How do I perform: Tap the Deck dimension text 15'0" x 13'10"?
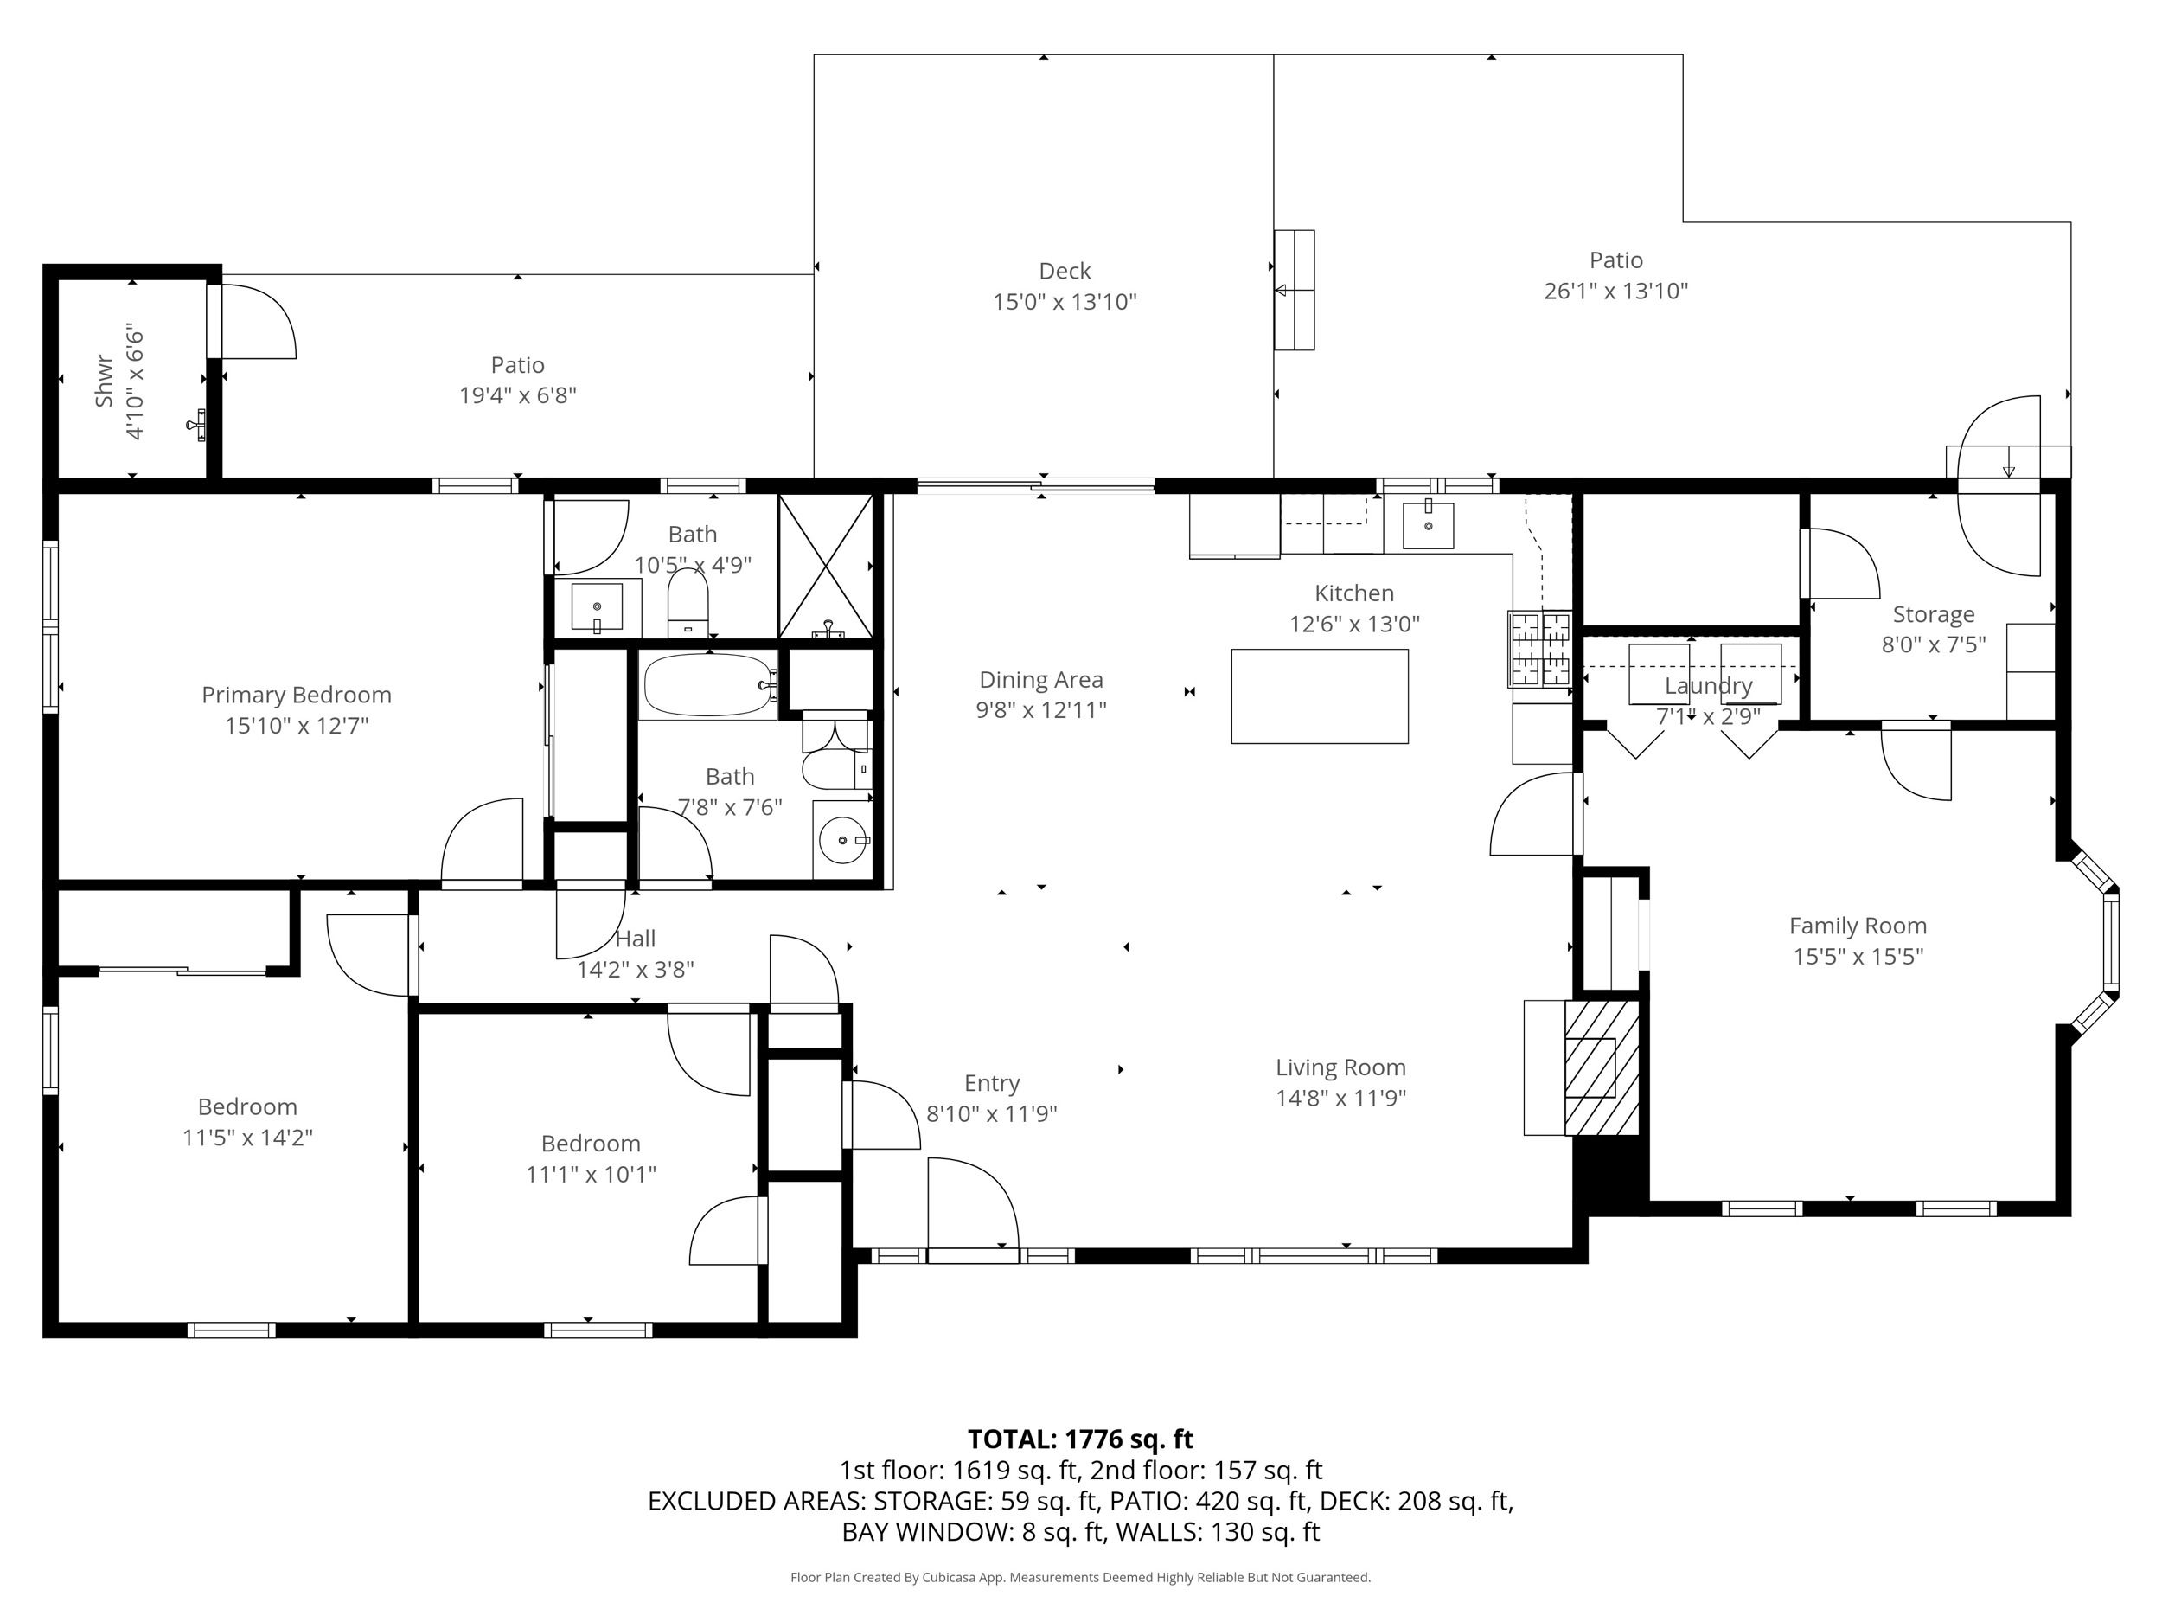[1065, 302]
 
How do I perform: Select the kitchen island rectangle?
[1320, 696]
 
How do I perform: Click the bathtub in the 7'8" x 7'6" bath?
[708, 684]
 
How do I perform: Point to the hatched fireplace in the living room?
[1601, 1067]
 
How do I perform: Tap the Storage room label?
[1934, 615]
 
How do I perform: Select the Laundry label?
[1709, 685]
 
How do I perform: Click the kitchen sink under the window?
[1428, 525]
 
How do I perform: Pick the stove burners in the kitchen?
[1540, 648]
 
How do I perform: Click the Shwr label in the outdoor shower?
[105, 381]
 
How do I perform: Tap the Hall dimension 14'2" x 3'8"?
[636, 970]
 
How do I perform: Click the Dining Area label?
[1041, 679]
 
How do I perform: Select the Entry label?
[992, 1083]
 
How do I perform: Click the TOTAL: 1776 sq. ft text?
[1080, 1439]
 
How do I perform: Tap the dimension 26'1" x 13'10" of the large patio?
[1615, 292]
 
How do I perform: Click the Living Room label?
[1341, 1067]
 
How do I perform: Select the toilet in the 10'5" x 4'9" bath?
[688, 602]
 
